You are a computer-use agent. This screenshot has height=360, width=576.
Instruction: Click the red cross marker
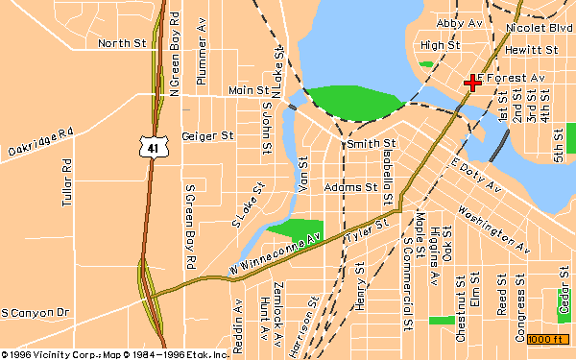pos(472,84)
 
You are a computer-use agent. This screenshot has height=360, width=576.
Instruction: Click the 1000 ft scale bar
pos(546,339)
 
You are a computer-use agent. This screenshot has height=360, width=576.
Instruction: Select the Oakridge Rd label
pos(40,144)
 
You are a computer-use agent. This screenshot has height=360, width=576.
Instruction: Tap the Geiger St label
pos(207,136)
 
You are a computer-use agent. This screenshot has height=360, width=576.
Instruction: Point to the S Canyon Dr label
pos(36,313)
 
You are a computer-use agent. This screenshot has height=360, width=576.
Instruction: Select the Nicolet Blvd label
pos(531,30)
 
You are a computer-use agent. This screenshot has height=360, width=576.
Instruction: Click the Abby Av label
pos(459,22)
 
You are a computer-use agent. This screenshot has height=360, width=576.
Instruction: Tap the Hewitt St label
pos(531,48)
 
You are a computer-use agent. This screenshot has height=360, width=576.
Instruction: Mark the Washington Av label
pos(493,229)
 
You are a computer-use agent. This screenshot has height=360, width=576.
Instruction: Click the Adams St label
pos(350,187)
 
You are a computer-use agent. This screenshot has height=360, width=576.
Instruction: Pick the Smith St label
pos(364,143)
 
